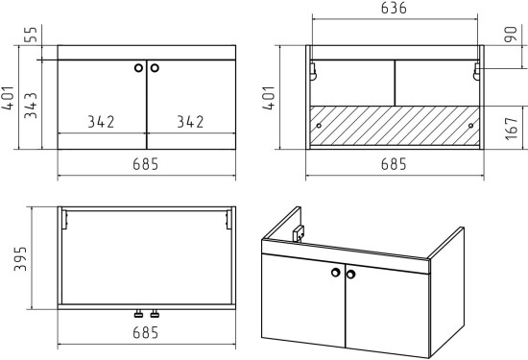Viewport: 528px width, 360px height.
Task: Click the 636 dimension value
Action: pyautogui.click(x=394, y=8)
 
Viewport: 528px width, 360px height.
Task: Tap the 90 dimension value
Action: pyautogui.click(x=511, y=35)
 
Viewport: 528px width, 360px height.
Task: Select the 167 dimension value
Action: pyautogui.click(x=511, y=129)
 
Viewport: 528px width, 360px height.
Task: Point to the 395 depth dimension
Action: pyautogui.click(x=20, y=258)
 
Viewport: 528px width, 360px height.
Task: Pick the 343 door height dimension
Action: pyautogui.click(x=31, y=105)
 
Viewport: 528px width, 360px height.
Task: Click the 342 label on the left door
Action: pyautogui.click(x=101, y=122)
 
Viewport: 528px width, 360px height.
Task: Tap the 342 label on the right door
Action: pyautogui.click(x=190, y=122)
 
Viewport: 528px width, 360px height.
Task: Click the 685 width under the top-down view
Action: pyautogui.click(x=145, y=333)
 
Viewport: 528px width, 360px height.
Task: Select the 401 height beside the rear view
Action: pyautogui.click(x=269, y=98)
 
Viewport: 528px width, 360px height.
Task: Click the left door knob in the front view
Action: pyautogui.click(x=138, y=68)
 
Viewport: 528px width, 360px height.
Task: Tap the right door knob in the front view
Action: pyautogui.click(x=155, y=68)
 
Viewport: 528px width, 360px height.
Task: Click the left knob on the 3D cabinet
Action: pyautogui.click(x=336, y=273)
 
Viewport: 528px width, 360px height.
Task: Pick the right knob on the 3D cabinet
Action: pyautogui.click(x=350, y=275)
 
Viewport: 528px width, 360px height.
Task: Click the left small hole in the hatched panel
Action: pyautogui.click(x=319, y=126)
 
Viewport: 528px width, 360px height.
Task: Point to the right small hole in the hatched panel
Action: pyautogui.click(x=470, y=126)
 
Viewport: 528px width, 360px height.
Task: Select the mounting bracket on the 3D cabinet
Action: pyautogui.click(x=298, y=233)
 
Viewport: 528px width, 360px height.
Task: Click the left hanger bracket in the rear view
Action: pyautogui.click(x=313, y=71)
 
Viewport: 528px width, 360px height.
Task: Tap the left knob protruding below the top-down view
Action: pyautogui.click(x=138, y=314)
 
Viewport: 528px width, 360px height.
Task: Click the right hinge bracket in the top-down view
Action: pyautogui.click(x=228, y=219)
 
